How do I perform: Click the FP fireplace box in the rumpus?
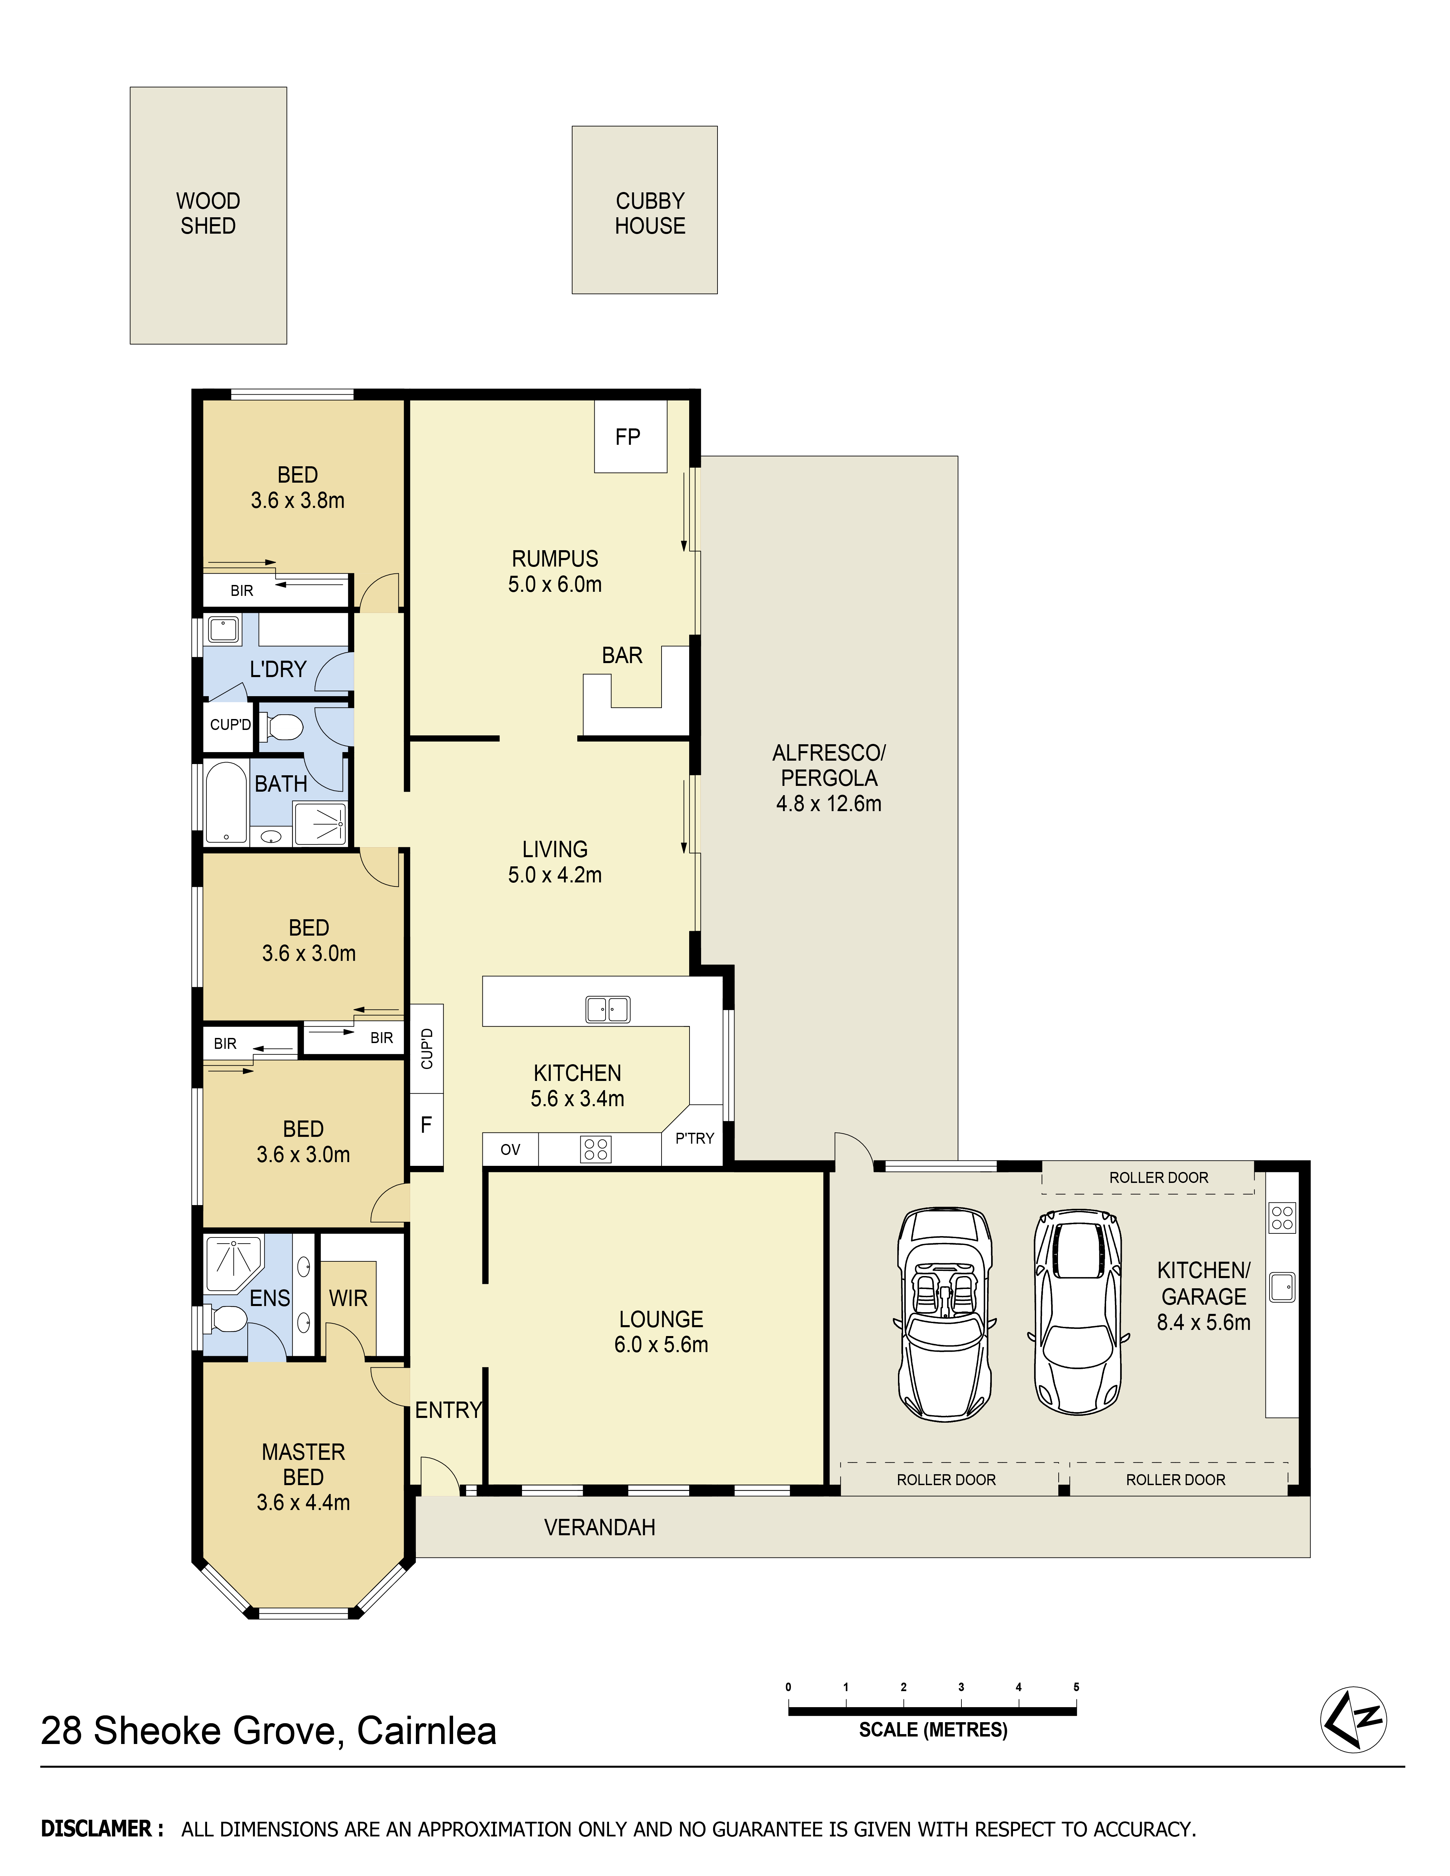(x=630, y=436)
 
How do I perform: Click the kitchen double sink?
(x=608, y=1009)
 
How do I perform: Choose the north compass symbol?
(x=1354, y=1719)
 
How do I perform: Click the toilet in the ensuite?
(x=225, y=1319)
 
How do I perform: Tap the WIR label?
(x=348, y=1298)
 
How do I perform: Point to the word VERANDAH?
(x=599, y=1527)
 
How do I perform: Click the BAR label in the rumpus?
(x=622, y=655)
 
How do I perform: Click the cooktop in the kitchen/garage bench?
(x=1282, y=1218)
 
